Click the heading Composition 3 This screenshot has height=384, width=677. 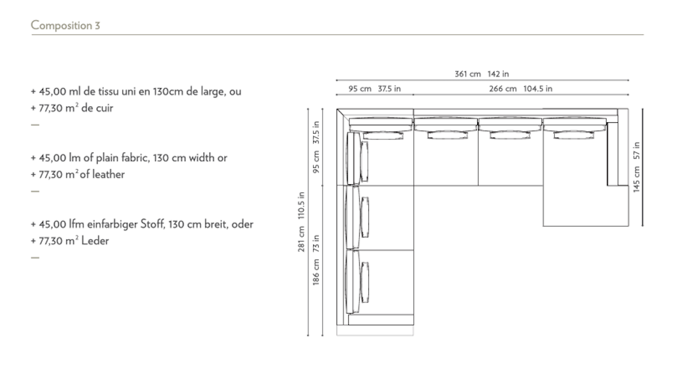pyautogui.click(x=65, y=26)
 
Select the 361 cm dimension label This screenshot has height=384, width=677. pyautogui.click(x=468, y=74)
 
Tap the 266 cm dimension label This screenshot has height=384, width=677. pyautogui.click(x=502, y=89)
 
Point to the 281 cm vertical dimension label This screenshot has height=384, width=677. pyautogui.click(x=301, y=239)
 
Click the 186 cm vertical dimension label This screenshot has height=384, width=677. pyautogui.click(x=316, y=272)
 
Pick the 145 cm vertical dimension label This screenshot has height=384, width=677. pyautogui.click(x=636, y=179)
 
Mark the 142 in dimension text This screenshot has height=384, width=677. pyautogui.click(x=498, y=74)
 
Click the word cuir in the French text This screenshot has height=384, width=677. pyautogui.click(x=104, y=108)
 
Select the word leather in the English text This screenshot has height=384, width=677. pyautogui.click(x=108, y=175)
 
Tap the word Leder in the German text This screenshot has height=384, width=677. pyautogui.click(x=95, y=241)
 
